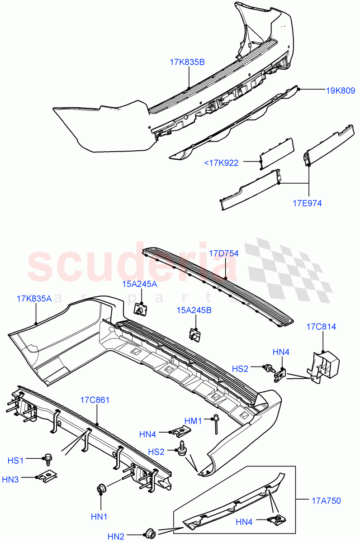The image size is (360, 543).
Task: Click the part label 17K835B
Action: click(x=187, y=62)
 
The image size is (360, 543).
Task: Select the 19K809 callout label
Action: click(x=341, y=90)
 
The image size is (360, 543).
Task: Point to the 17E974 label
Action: click(x=307, y=203)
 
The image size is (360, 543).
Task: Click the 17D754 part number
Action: click(x=223, y=253)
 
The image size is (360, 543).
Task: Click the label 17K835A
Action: click(x=34, y=298)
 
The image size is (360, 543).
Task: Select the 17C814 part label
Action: click(x=321, y=327)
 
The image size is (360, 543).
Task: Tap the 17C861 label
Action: click(x=95, y=400)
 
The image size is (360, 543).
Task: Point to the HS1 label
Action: click(x=16, y=460)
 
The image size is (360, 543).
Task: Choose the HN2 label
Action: click(x=116, y=537)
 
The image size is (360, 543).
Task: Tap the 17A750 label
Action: click(x=326, y=500)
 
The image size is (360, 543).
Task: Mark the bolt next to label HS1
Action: click(x=47, y=459)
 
